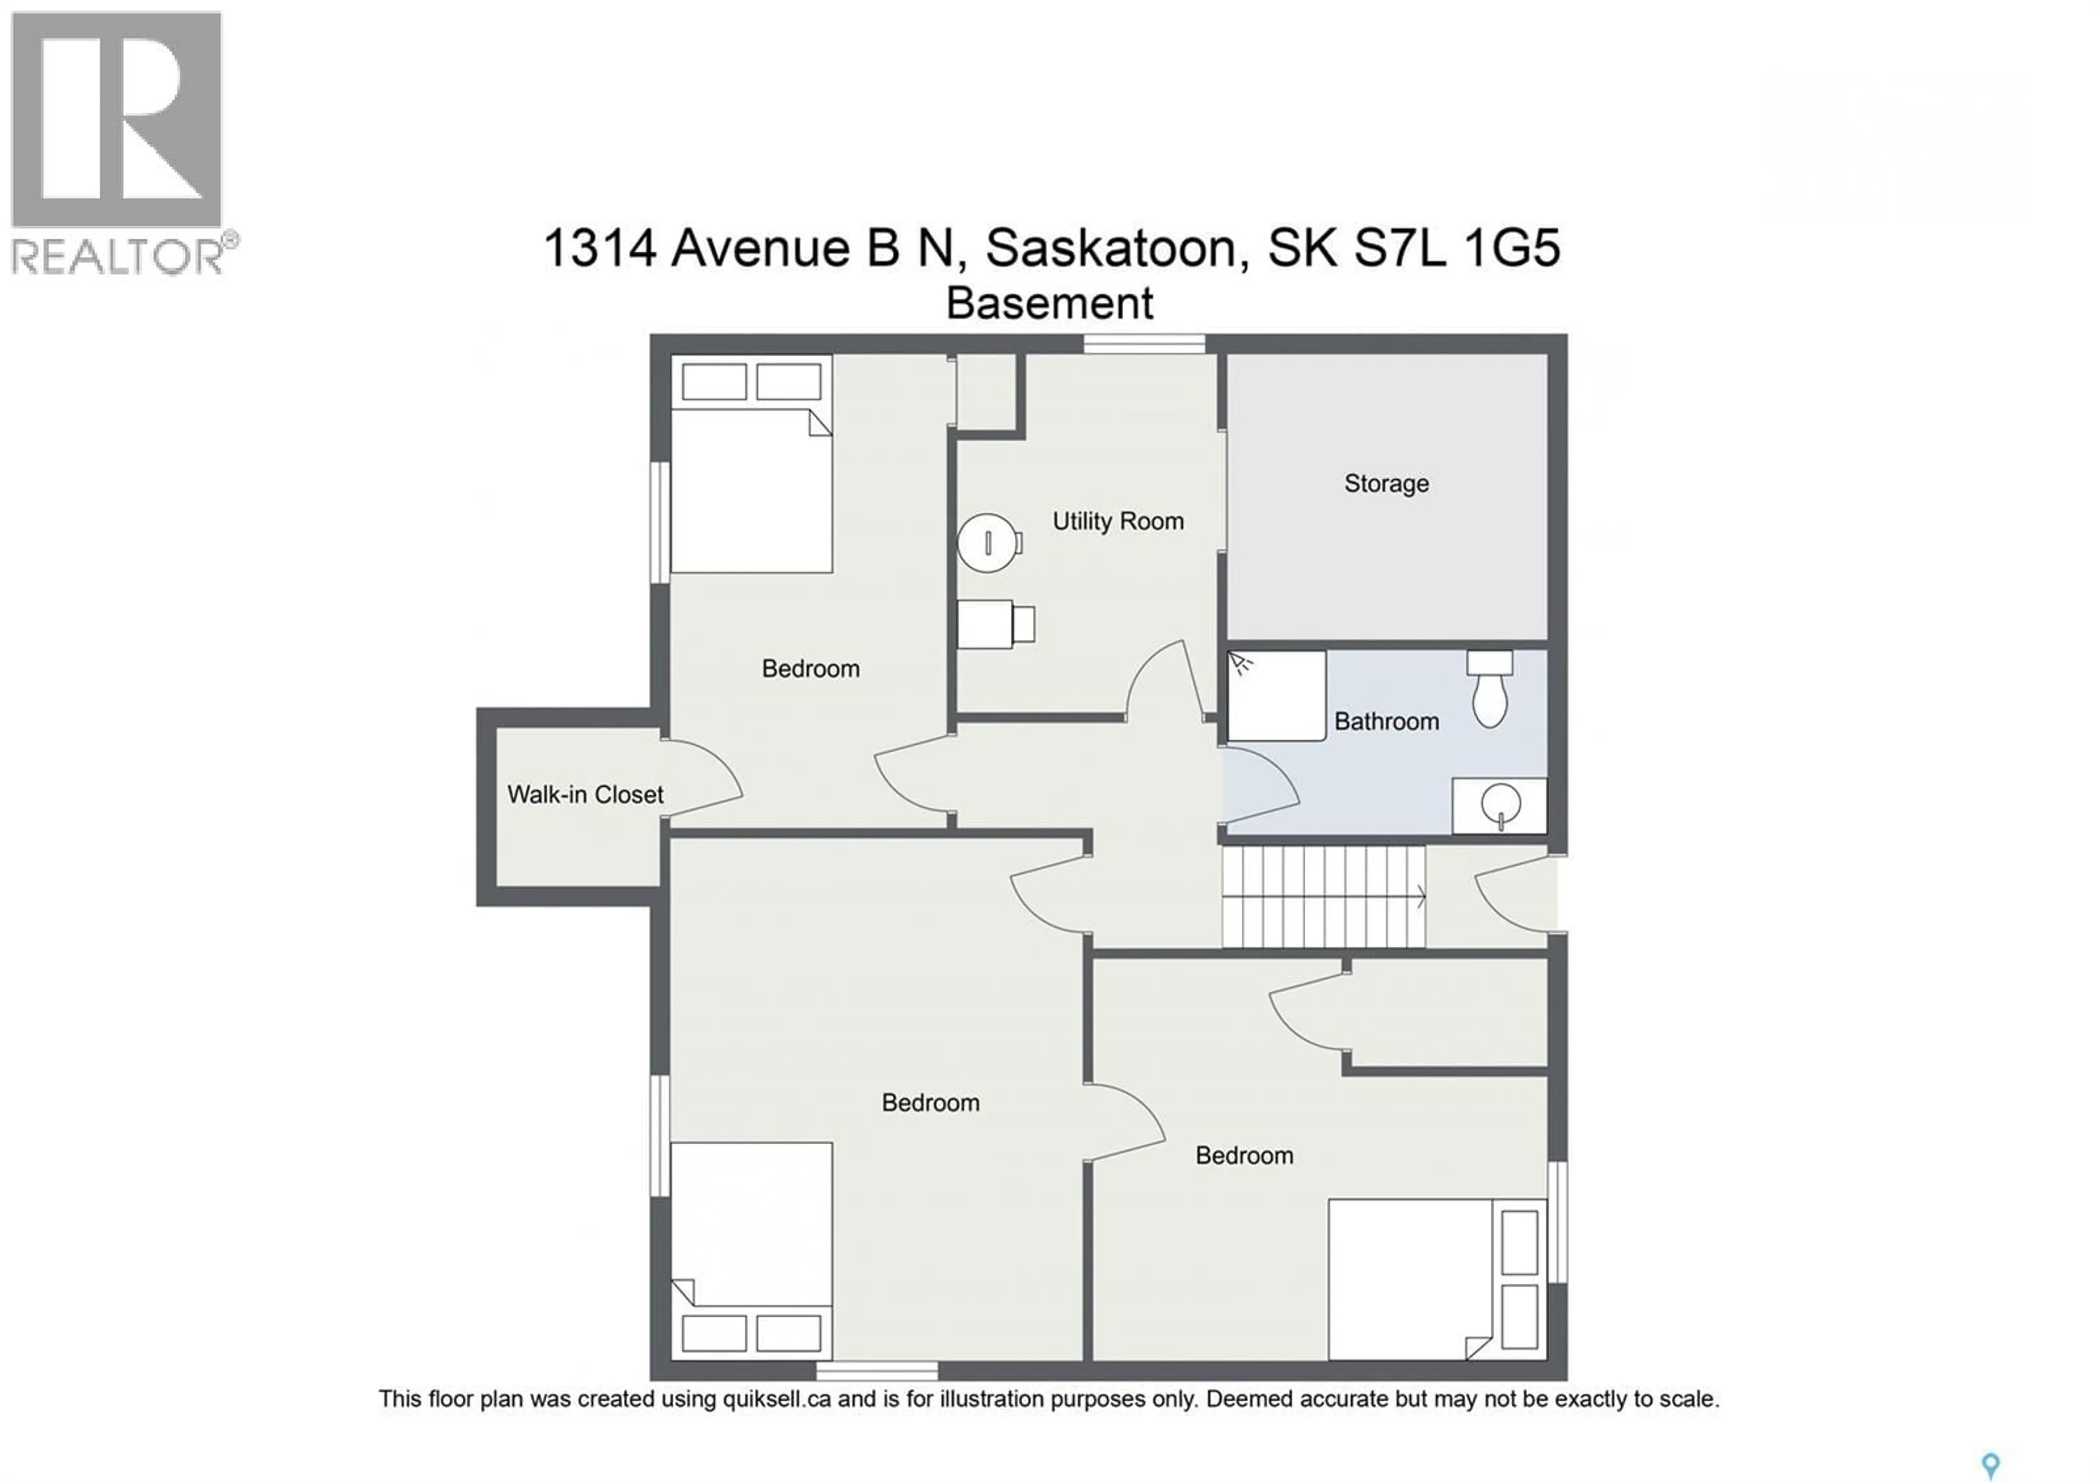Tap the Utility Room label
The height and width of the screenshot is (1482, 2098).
(1117, 522)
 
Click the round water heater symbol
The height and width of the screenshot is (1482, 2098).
(987, 543)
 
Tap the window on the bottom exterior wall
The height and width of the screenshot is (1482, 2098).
(876, 1371)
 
